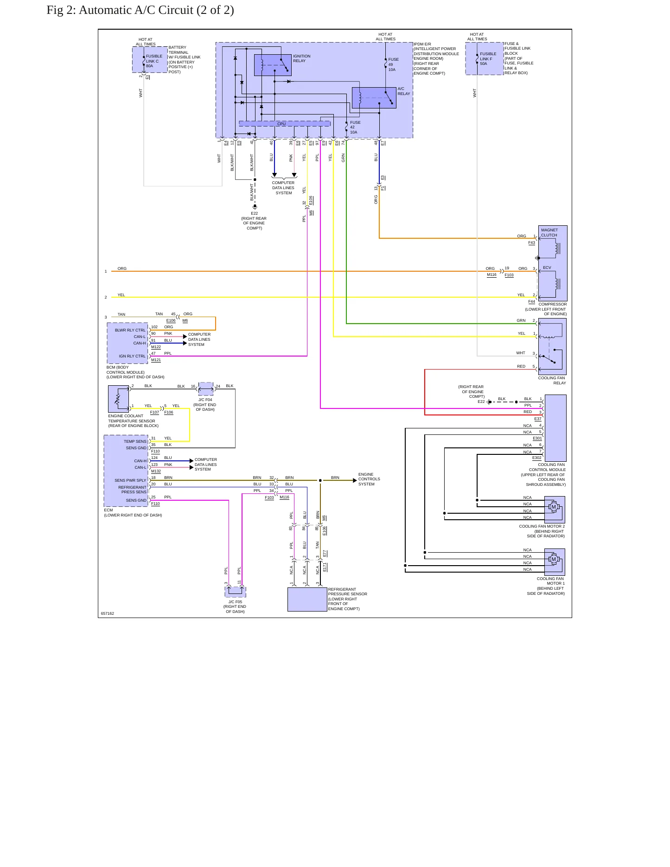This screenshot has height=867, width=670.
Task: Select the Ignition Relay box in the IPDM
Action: tap(273, 65)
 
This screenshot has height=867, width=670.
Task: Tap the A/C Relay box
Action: tap(374, 98)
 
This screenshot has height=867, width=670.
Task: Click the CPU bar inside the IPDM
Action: tap(284, 124)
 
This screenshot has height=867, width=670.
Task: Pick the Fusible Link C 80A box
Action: tap(150, 59)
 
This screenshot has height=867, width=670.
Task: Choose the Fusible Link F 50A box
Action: tap(484, 58)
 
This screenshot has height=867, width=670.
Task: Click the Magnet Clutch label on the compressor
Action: tap(549, 233)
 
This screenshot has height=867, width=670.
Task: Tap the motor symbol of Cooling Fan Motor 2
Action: tap(553, 507)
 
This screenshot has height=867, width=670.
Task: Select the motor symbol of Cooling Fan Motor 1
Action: tap(553, 560)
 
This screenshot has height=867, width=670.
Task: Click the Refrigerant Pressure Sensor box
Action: tap(307, 599)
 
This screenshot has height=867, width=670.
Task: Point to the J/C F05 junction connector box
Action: tap(236, 592)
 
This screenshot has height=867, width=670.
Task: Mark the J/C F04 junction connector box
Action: tap(206, 389)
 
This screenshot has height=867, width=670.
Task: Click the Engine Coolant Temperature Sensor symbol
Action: tap(118, 399)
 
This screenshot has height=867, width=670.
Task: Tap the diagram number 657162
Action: tap(108, 613)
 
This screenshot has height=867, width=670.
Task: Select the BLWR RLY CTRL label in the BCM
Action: tap(130, 330)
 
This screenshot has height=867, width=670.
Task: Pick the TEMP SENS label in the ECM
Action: tap(135, 441)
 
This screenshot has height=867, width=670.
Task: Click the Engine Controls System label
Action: tap(369, 479)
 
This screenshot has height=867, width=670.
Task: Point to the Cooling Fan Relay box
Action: tap(552, 346)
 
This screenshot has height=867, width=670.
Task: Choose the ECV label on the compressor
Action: tap(547, 268)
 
